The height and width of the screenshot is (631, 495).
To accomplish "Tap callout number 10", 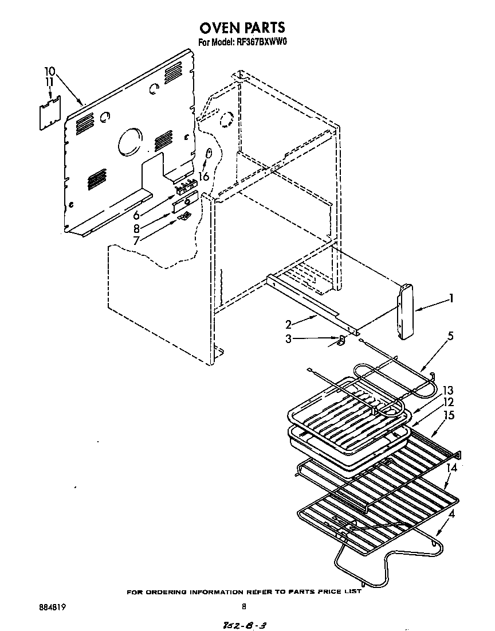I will click(50, 72).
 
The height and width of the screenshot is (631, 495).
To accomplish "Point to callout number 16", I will click(203, 177).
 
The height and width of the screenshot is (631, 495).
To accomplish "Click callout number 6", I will click(136, 215).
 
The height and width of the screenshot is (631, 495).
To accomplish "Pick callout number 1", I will click(451, 298).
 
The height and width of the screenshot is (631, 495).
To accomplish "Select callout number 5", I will click(450, 337).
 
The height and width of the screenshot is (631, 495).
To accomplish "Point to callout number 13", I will click(448, 390).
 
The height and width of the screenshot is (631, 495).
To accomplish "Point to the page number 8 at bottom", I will click(244, 606).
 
